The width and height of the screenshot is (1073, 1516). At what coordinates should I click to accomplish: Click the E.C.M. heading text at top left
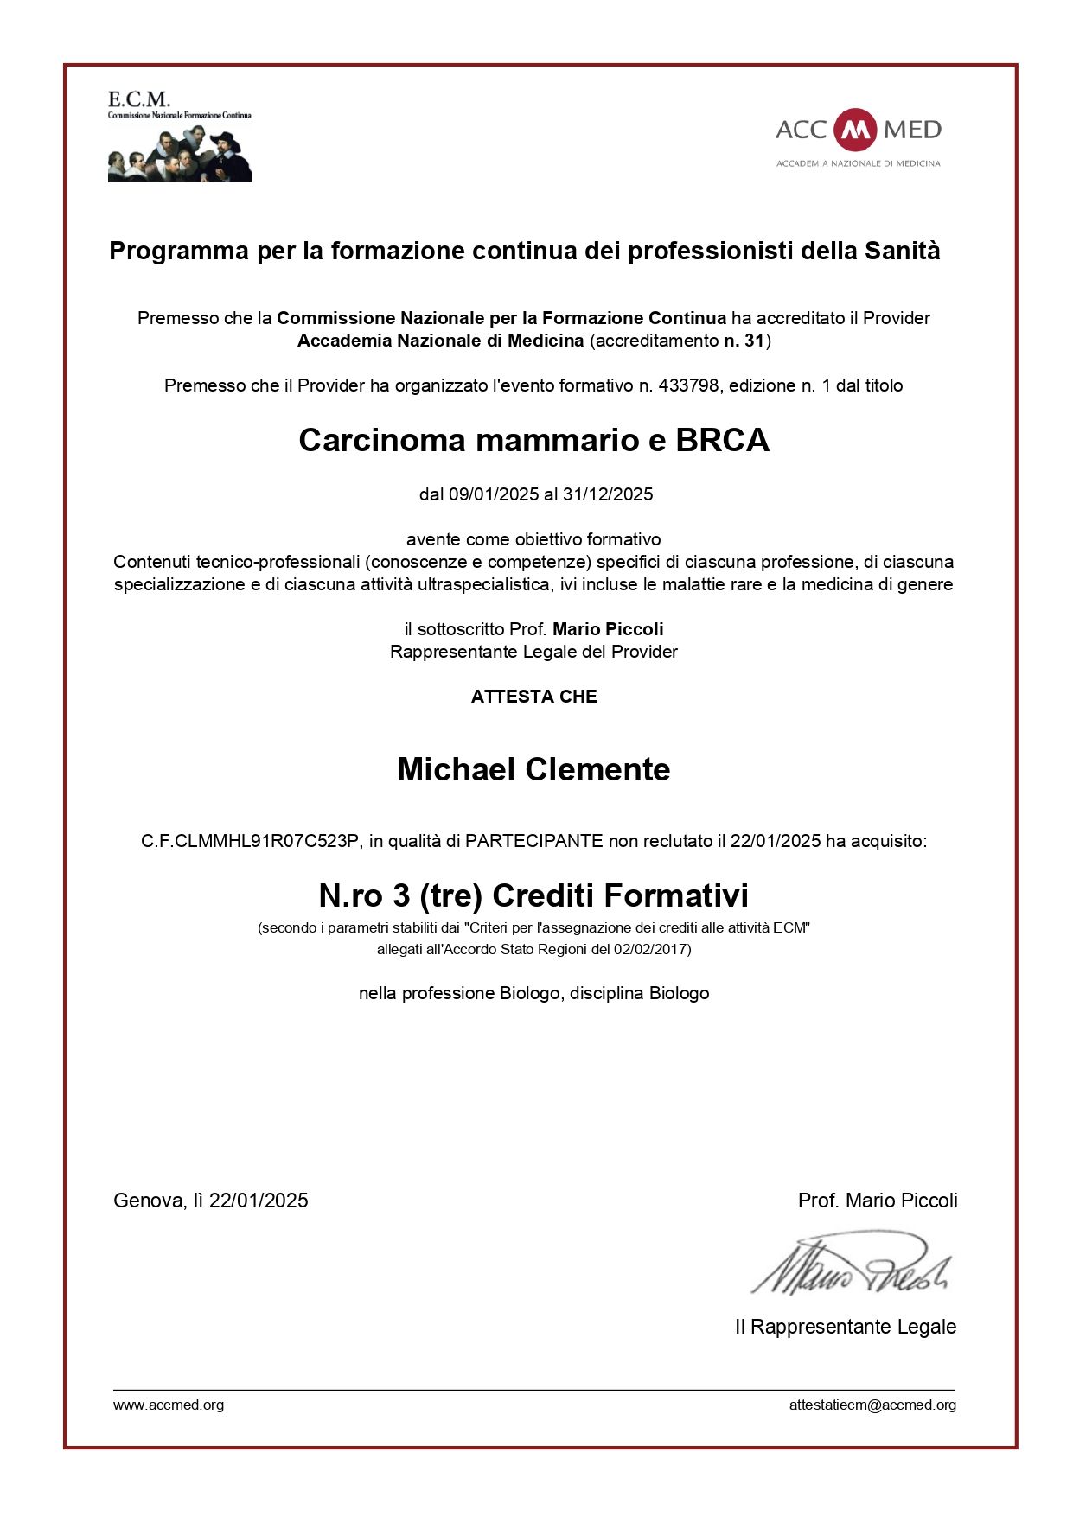(138, 99)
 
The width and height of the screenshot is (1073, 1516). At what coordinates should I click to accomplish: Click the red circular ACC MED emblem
(855, 130)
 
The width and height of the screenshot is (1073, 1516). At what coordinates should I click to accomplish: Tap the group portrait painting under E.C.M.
(180, 154)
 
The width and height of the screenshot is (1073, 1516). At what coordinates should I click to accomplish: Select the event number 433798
(688, 385)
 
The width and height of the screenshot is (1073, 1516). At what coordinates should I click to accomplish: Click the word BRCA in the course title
(722, 441)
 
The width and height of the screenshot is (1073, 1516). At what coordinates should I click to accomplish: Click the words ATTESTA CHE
(533, 697)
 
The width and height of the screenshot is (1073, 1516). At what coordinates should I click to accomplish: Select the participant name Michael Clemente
(533, 769)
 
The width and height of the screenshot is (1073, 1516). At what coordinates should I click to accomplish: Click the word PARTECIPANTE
(533, 841)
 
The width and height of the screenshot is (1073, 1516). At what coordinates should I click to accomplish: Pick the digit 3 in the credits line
(401, 895)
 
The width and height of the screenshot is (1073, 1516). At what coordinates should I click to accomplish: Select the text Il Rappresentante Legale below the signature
(845, 1327)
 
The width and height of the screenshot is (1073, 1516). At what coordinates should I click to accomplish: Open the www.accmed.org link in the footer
(169, 1405)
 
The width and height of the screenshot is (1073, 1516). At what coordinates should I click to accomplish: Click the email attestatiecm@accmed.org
(872, 1405)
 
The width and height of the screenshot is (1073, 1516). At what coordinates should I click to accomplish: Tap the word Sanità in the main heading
(903, 251)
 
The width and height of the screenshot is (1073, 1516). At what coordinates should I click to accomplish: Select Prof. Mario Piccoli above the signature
(877, 1201)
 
